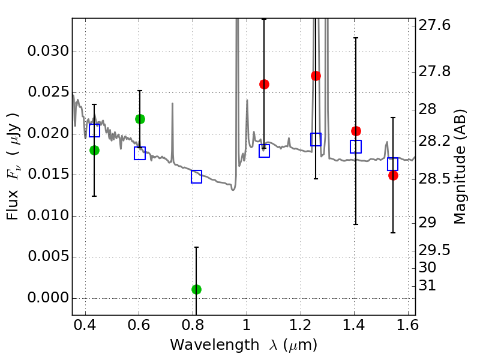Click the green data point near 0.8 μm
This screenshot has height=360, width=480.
click(x=196, y=289)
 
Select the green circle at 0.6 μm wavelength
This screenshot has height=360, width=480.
click(x=140, y=119)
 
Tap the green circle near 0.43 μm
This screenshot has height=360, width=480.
click(x=94, y=150)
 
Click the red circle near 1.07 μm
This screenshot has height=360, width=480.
click(x=264, y=84)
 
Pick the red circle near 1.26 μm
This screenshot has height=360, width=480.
click(x=316, y=76)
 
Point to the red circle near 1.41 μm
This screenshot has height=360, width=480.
click(x=356, y=131)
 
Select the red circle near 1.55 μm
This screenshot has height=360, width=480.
click(x=393, y=175)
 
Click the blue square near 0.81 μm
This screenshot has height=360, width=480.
click(x=196, y=176)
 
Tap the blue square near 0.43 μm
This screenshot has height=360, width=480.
click(x=94, y=131)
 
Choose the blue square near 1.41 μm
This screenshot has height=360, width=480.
click(x=356, y=146)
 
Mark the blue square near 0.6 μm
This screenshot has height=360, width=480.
click(x=140, y=153)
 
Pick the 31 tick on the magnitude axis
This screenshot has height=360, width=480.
click(x=428, y=286)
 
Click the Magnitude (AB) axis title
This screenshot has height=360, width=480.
click(x=460, y=166)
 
